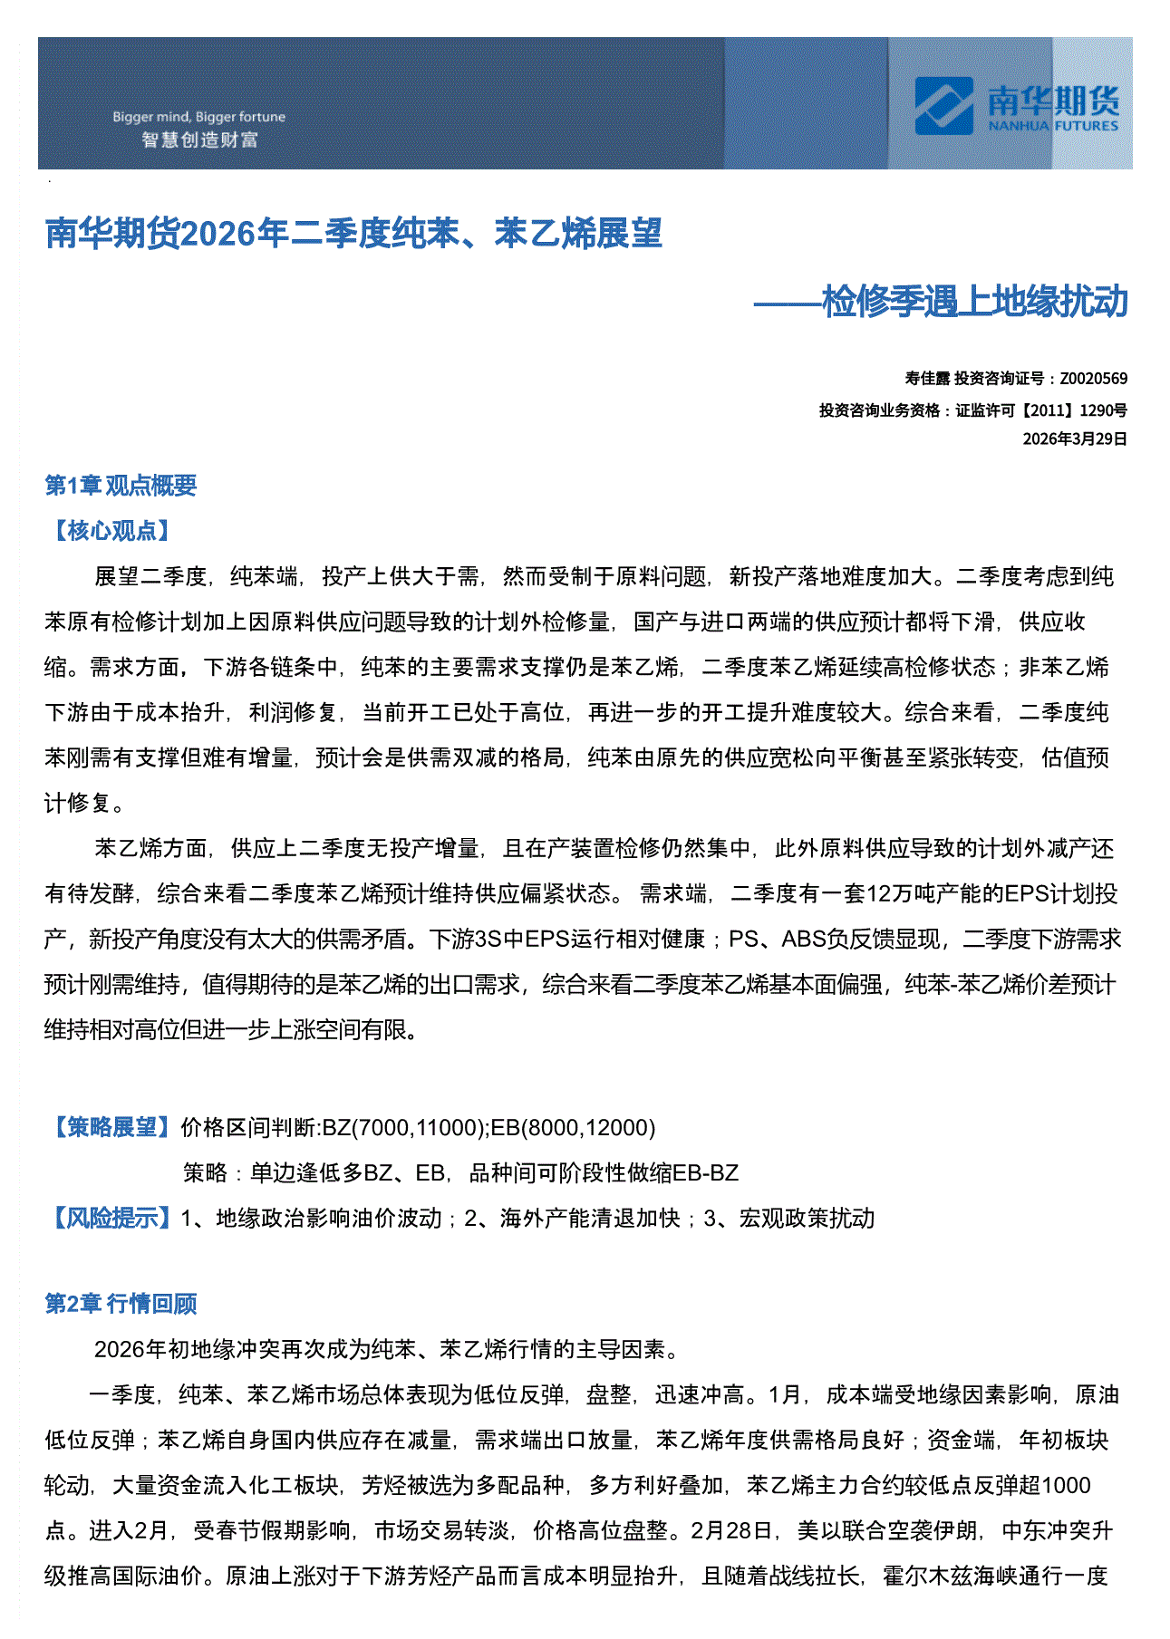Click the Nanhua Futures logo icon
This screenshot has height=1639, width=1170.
coord(943,105)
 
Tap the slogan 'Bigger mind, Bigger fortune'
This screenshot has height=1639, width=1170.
coord(198,117)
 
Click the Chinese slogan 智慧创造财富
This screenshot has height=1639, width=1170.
coord(199,140)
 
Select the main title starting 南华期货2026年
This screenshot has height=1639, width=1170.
coord(353,234)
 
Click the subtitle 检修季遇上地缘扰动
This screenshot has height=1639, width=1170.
coord(974,302)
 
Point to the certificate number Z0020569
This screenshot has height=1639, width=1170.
coord(1093,379)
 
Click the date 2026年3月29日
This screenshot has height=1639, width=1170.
coord(1075,439)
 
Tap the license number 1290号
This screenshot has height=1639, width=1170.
coord(1103,410)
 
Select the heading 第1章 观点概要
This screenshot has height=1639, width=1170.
coord(121,486)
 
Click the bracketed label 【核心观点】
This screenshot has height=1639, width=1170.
coord(111,531)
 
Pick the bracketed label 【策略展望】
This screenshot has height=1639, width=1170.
coord(111,1127)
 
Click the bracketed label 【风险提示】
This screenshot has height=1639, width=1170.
coord(111,1218)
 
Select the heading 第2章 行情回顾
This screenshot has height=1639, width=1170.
coord(121,1304)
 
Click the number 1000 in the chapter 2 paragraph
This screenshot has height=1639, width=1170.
coord(1066,1486)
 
